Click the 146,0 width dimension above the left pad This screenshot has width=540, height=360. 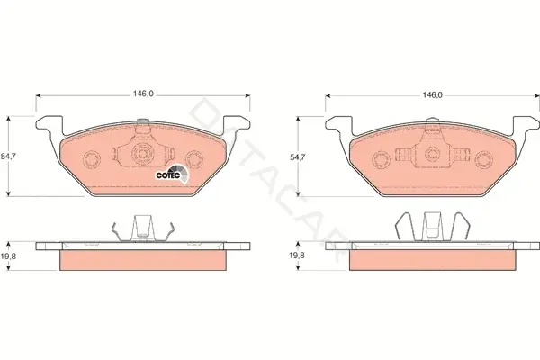coord(143,94)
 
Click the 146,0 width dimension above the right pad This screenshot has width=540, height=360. coord(432,94)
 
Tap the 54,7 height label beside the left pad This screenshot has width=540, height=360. coord(8,156)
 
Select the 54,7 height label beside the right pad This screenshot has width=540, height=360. coord(297,157)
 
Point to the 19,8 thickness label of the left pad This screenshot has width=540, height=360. coord(8,256)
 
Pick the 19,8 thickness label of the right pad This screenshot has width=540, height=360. coord(297,256)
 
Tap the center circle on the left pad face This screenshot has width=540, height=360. coord(141,153)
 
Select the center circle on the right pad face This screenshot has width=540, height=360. coord(431,154)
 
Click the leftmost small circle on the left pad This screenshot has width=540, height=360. coord(92,159)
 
